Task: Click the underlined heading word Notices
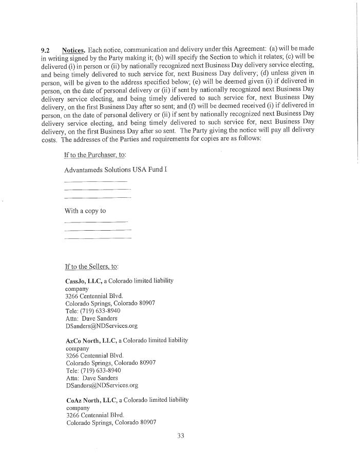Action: [73, 50]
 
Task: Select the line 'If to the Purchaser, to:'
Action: [95, 155]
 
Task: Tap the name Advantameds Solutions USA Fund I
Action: [116, 169]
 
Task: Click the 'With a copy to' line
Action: [85, 211]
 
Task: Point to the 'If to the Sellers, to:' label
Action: [91, 267]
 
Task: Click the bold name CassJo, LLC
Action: [84, 281]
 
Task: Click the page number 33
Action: [180, 436]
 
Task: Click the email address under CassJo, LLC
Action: [101, 326]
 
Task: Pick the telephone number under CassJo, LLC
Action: [93, 311]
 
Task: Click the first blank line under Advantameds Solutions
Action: [96, 182]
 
